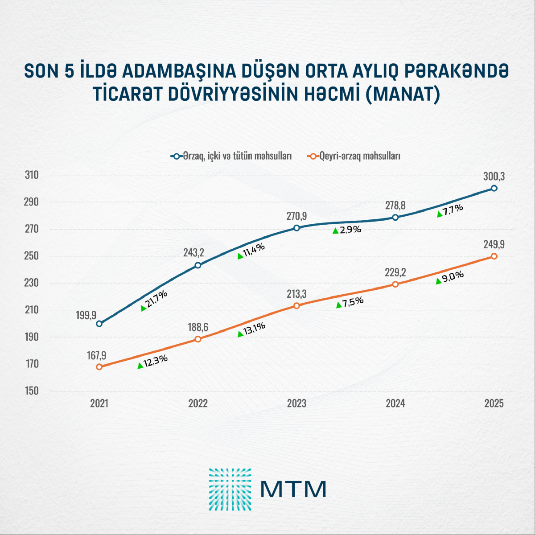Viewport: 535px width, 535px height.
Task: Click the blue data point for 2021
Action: click(99, 324)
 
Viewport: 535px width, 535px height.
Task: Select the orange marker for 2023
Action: click(296, 305)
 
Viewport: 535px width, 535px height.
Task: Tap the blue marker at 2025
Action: click(494, 188)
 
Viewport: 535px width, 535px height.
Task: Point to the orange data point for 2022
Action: click(198, 339)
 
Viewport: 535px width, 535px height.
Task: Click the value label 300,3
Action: click(494, 177)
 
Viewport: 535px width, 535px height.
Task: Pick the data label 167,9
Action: click(97, 355)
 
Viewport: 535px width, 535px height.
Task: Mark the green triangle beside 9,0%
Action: click(439, 281)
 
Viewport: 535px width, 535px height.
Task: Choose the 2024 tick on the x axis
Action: click(395, 403)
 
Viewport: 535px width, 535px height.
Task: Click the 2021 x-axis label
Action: click(99, 403)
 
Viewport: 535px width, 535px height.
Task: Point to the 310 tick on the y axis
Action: click(32, 175)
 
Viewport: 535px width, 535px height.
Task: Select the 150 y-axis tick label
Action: click(32, 391)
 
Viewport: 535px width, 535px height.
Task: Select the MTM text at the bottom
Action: click(293, 489)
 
